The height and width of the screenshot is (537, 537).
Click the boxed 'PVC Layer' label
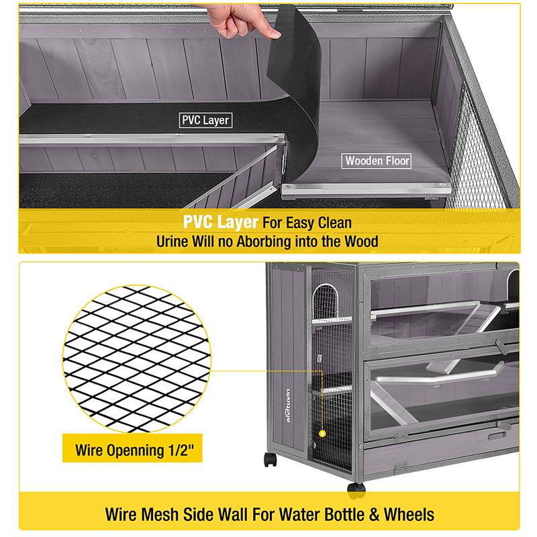point(205,120)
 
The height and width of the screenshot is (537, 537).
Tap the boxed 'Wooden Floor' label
point(377,160)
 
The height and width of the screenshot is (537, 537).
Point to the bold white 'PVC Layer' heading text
point(221,222)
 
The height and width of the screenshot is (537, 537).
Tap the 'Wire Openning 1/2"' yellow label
point(132,449)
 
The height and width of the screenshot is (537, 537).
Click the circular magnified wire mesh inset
point(137,358)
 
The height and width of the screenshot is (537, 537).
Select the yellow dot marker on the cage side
point(322,434)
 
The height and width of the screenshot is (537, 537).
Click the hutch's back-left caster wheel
point(271,459)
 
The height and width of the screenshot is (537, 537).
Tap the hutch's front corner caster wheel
point(356,489)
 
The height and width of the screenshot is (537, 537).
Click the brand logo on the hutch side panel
point(288,405)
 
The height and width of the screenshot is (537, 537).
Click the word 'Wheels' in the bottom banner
point(409,514)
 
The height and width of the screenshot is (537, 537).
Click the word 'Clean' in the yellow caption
point(334,223)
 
